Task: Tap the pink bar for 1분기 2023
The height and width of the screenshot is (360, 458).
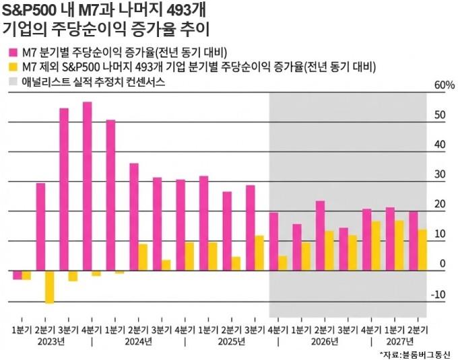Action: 18,275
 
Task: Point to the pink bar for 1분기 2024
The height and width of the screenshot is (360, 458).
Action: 110,195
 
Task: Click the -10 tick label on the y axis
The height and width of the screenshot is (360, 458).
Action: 439,294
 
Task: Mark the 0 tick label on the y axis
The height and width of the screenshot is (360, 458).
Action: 443,264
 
